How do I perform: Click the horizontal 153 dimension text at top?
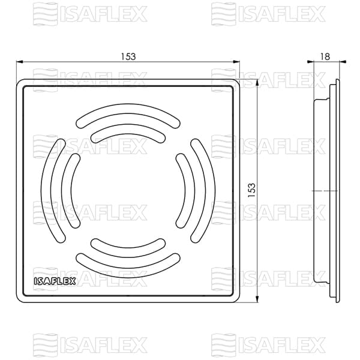pyautogui.click(x=128, y=56)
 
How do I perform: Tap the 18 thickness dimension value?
pyautogui.click(x=325, y=56)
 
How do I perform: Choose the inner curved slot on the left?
pyautogui.click(x=71, y=190)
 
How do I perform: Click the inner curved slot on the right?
pyautogui.click(x=187, y=190)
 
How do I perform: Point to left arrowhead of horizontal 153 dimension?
pyautogui.click(x=19, y=61)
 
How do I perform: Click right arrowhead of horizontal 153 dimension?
pyautogui.click(x=237, y=61)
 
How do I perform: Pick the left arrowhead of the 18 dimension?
pyautogui.click(x=308, y=61)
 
